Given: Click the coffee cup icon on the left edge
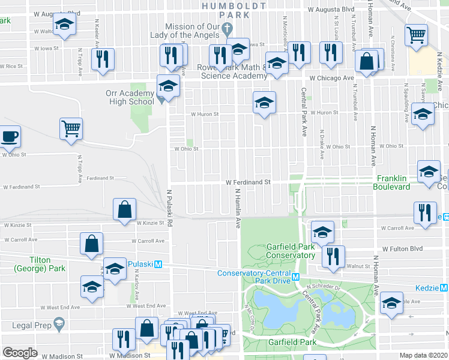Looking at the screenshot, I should (10, 136).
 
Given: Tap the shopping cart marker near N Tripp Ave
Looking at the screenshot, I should (71, 128).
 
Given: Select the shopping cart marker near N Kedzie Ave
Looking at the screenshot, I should (416, 35).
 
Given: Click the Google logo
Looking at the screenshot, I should (20, 353).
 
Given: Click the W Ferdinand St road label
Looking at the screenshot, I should (249, 182).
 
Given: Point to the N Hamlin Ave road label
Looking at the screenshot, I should (238, 208).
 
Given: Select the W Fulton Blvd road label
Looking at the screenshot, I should (403, 248).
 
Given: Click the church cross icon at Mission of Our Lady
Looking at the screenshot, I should (227, 28).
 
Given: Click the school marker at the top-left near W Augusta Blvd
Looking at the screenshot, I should (63, 25).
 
